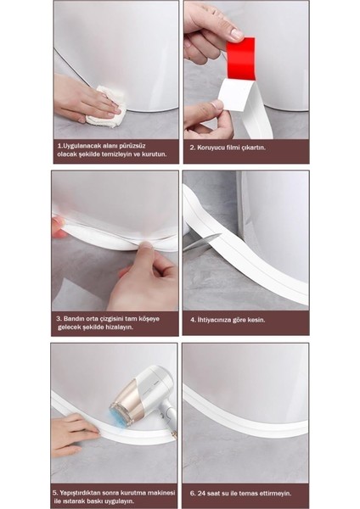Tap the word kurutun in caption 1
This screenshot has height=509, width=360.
152,155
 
